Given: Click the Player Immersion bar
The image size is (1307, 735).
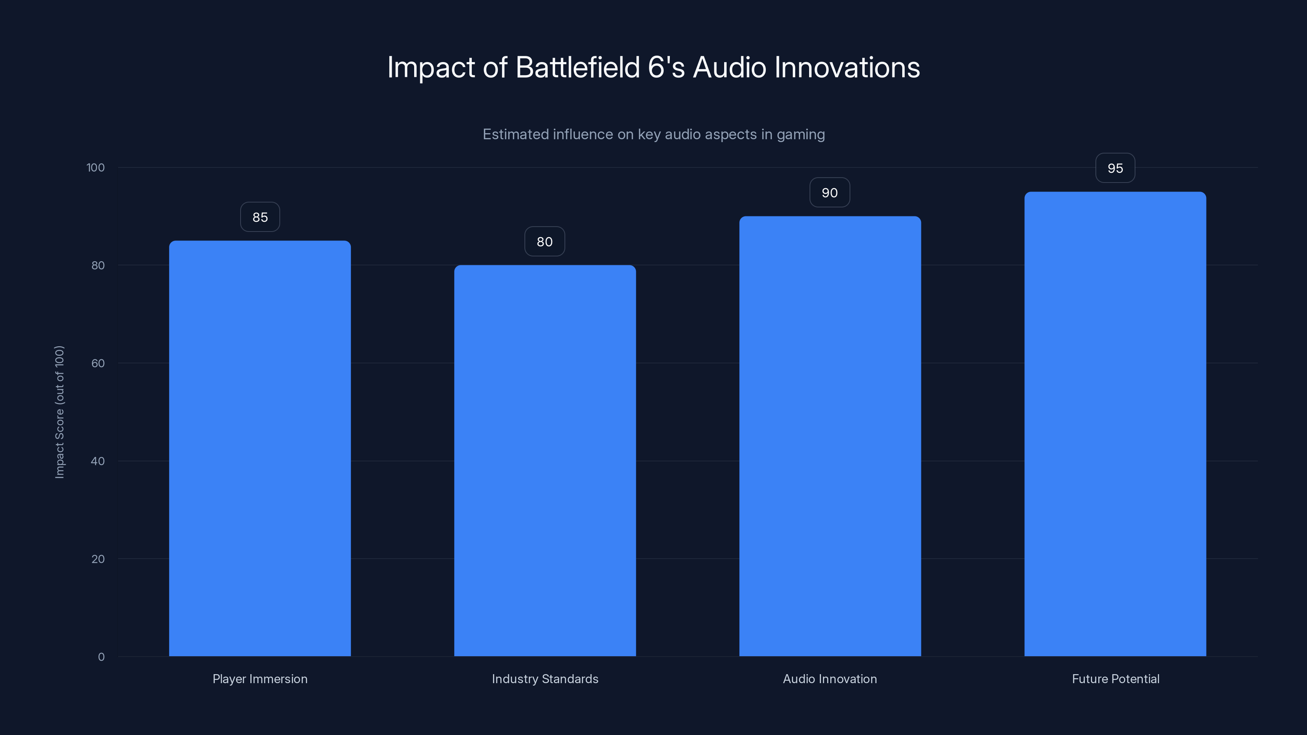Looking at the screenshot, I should [x=260, y=448].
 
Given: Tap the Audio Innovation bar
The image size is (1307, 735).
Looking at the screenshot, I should [x=830, y=436].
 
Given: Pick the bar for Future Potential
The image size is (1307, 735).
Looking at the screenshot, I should [x=1115, y=424].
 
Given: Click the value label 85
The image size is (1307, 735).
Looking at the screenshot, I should [x=260, y=217].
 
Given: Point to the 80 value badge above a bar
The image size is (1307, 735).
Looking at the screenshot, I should [x=544, y=241].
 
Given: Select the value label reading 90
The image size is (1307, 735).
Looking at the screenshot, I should [x=830, y=193].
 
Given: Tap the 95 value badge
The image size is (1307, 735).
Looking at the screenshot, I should [x=1115, y=168].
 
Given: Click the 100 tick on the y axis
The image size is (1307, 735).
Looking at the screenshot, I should [x=96, y=168].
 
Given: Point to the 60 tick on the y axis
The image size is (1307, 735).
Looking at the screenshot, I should [x=98, y=363].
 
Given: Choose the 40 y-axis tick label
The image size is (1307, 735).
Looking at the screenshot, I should [x=98, y=461].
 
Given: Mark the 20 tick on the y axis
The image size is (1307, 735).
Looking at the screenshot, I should [x=98, y=559].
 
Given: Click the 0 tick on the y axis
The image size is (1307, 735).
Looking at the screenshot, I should [x=101, y=657].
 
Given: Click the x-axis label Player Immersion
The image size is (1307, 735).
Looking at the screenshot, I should [x=260, y=679].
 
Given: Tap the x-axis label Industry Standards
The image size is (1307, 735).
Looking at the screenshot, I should [x=545, y=679].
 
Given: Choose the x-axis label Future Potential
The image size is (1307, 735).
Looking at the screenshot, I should [x=1115, y=679].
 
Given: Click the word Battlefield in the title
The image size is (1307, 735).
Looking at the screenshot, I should [x=578, y=67].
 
